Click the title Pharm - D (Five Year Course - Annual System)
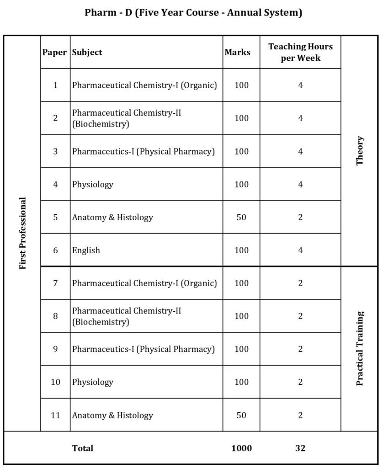(x=193, y=13)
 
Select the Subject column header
(x=87, y=52)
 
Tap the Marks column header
(x=237, y=52)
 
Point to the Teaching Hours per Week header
(x=300, y=52)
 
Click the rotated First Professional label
(x=23, y=233)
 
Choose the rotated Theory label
(x=360, y=150)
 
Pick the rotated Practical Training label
(x=360, y=349)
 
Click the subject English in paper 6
(x=86, y=250)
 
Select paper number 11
(x=55, y=415)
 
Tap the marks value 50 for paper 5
(x=241, y=218)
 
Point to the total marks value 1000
(x=241, y=448)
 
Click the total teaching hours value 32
(x=300, y=448)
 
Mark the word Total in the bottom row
(x=83, y=448)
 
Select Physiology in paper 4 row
(x=92, y=185)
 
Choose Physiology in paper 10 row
(x=92, y=382)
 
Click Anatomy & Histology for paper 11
(x=112, y=415)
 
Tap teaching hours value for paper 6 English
(x=300, y=250)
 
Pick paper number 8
(x=55, y=316)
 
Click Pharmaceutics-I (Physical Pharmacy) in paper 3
(x=143, y=151)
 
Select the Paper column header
(x=54, y=52)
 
